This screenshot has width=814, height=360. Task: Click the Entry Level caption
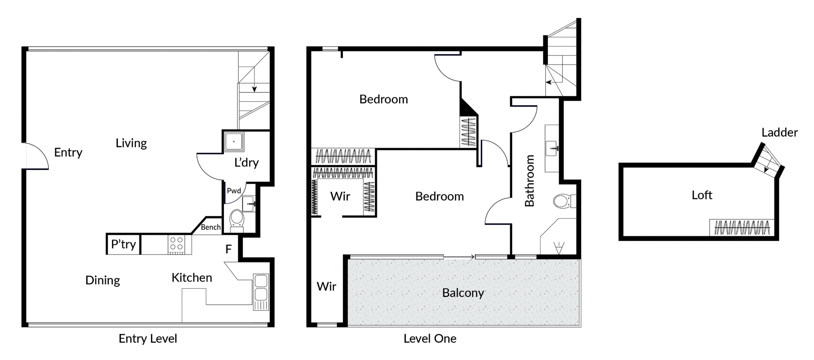tap(148, 338)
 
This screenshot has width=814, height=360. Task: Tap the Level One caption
tap(429, 338)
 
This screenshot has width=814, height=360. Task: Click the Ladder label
tap(779, 133)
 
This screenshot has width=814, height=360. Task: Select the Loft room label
tap(702, 195)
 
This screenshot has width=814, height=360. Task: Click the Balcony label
tap(463, 293)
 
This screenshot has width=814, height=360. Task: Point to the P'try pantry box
tap(123, 244)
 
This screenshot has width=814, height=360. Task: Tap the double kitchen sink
tap(261, 287)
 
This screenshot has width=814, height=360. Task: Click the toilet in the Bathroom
tap(563, 201)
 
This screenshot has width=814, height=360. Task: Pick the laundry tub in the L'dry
tap(234, 141)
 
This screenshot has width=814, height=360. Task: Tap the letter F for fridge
tap(229, 249)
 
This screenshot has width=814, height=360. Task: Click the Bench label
tap(211, 227)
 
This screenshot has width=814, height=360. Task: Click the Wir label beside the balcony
tap(326, 287)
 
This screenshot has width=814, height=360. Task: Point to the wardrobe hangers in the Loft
tap(742, 228)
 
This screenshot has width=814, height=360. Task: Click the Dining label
tap(103, 280)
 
